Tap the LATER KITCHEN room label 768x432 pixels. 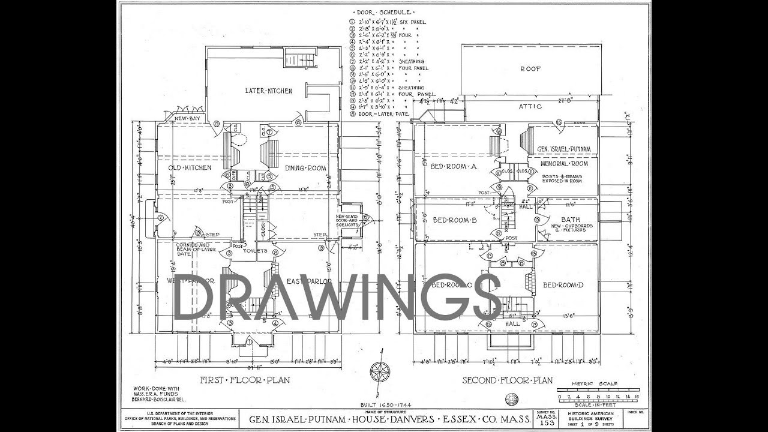268,91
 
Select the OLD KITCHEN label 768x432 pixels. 190,168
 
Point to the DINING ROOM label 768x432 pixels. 305,168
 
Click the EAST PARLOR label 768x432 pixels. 310,281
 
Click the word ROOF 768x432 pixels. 530,69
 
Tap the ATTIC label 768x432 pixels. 530,106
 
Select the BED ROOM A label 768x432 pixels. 454,167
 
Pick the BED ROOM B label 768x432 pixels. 454,220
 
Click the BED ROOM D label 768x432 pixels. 563,284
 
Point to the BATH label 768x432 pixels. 570,219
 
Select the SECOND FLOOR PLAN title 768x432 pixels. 507,380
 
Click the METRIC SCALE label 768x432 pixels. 586,383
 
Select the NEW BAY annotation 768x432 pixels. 187,119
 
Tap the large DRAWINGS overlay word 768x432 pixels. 337,297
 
